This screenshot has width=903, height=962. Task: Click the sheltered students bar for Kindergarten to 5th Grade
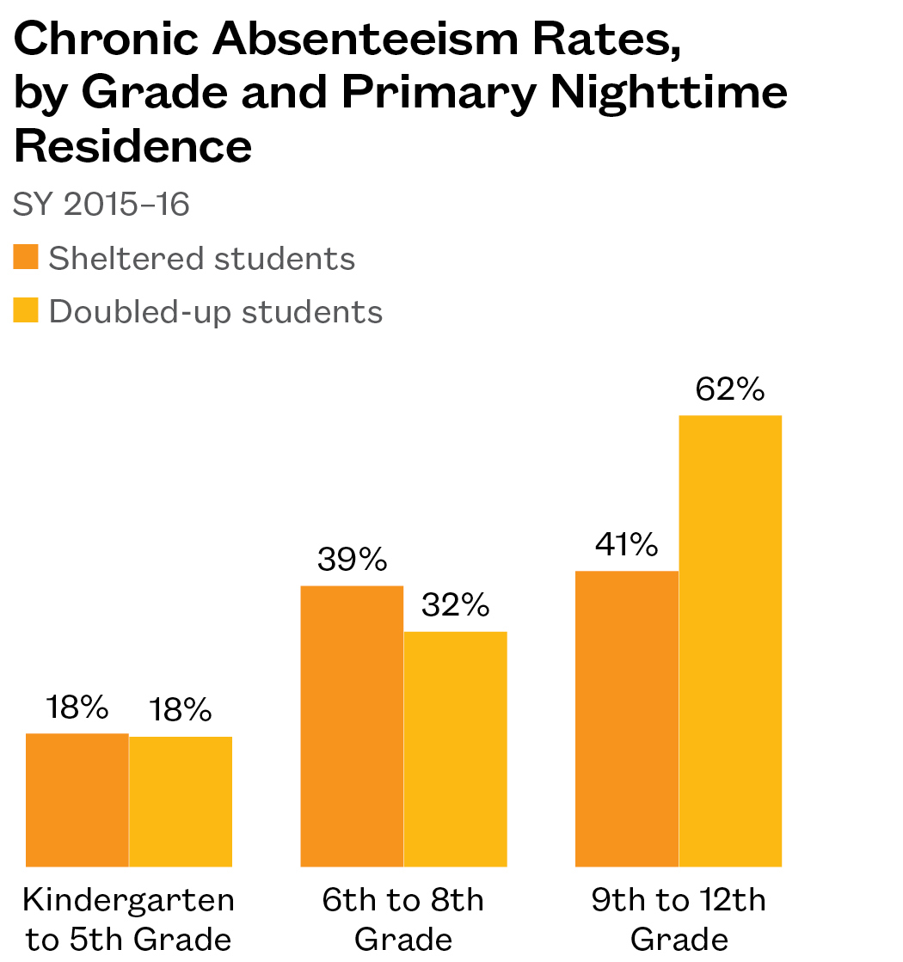[77, 800]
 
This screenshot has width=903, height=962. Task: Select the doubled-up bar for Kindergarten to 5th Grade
[181, 801]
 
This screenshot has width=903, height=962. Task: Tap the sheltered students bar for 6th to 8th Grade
[352, 726]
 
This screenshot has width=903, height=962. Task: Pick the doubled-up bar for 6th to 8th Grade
[455, 749]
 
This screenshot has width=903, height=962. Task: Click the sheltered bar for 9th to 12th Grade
[627, 719]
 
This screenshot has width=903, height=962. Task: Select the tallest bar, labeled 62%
[730, 640]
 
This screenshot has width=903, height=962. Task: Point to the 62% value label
[730, 390]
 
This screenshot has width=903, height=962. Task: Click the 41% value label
[627, 545]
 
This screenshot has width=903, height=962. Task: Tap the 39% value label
[352, 560]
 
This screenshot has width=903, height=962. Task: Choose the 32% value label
[455, 606]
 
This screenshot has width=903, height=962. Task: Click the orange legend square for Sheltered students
[26, 257]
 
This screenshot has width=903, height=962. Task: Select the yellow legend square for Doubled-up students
[26, 309]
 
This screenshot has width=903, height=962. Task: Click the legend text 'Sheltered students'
[202, 258]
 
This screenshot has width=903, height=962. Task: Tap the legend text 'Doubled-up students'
[216, 310]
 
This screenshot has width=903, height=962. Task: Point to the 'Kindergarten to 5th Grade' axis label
[129, 920]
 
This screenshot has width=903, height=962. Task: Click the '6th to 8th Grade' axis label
[403, 920]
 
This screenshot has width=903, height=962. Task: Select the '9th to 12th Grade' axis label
[679, 920]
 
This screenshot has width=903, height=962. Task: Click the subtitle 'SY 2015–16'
[101, 205]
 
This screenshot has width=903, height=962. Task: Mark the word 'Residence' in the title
[133, 146]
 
